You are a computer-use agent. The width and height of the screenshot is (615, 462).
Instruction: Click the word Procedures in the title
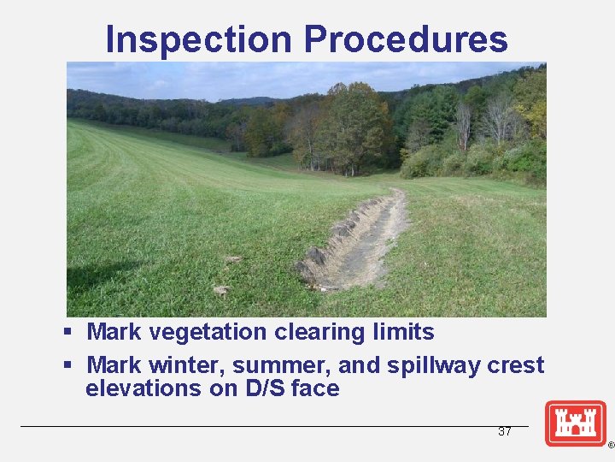(x=405, y=39)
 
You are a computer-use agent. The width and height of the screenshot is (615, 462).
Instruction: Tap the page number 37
(x=505, y=432)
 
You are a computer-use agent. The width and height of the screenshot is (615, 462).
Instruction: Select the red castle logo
(x=576, y=423)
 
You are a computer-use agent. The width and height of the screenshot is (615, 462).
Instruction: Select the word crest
(x=517, y=365)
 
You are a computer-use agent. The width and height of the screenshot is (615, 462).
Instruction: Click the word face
(x=315, y=389)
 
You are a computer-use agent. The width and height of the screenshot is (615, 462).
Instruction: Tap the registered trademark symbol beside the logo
(x=611, y=446)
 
